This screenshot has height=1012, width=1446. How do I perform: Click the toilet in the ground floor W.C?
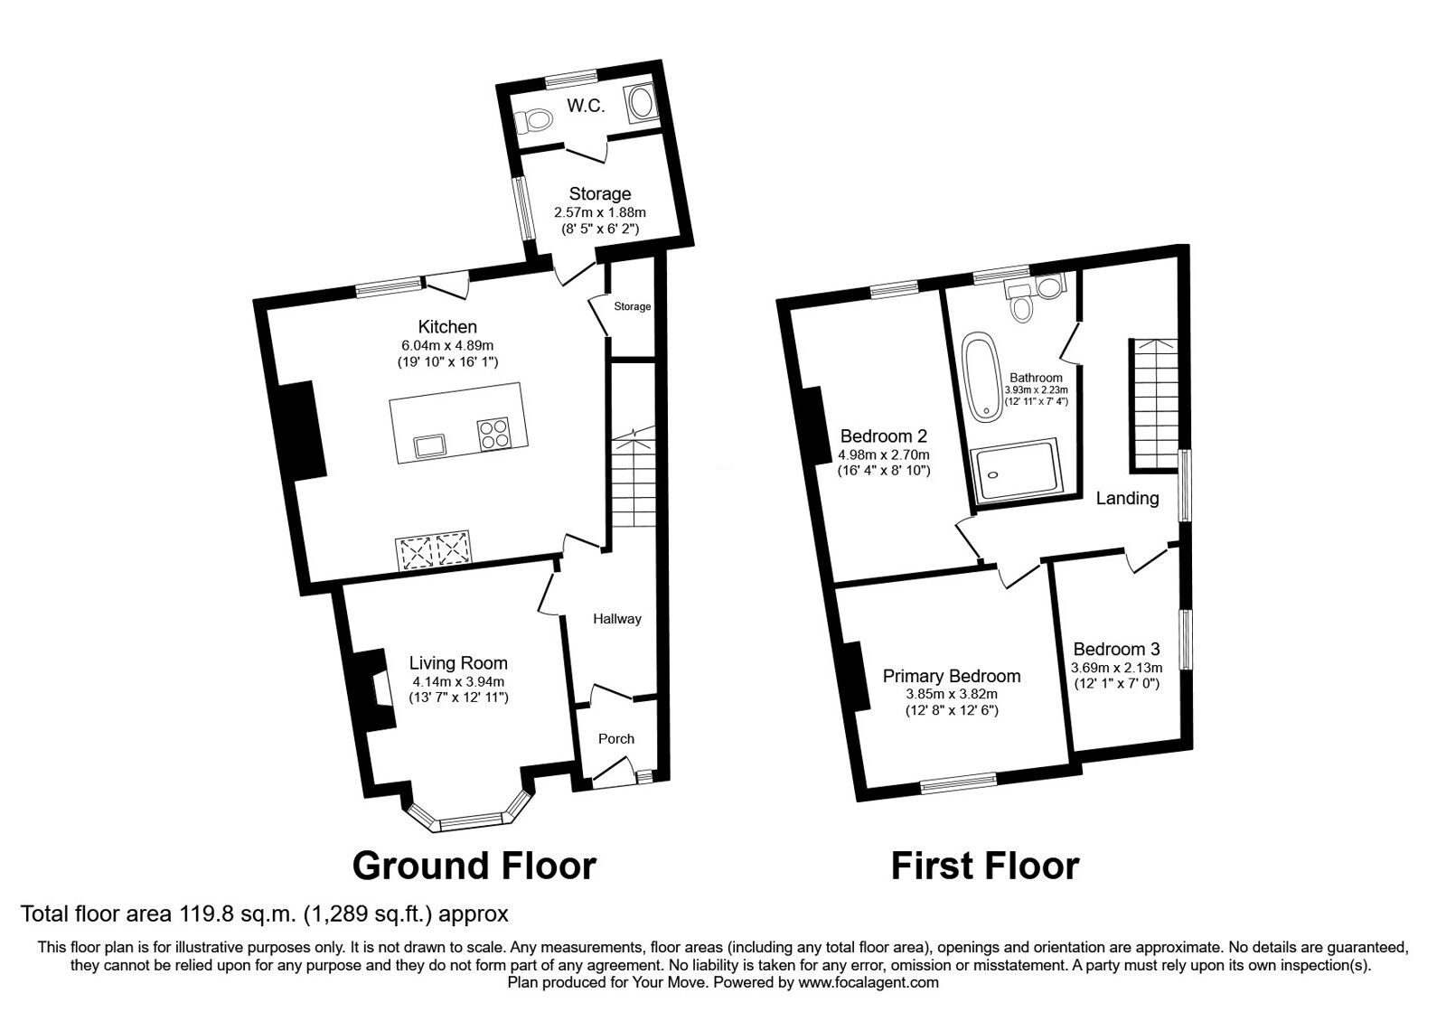(537, 120)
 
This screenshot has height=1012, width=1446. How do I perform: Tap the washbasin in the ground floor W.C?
(643, 101)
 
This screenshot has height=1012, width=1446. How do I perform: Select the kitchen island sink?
(429, 445)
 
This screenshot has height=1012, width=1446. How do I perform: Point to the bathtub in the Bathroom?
(980, 378)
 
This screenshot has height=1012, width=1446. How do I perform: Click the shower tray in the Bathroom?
(1015, 470)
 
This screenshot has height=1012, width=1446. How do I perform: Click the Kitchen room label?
(446, 327)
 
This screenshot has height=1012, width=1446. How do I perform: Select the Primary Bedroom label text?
(952, 676)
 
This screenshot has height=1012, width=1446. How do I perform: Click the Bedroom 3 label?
(1116, 649)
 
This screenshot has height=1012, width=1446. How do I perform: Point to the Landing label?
(1127, 498)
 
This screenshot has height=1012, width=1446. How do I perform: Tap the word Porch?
(616, 738)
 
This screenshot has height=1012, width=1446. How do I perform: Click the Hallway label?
(616, 619)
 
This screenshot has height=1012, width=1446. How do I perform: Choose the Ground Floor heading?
(474, 866)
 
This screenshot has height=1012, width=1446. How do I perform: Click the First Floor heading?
(984, 866)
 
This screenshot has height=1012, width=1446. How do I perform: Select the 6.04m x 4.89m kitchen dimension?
(446, 345)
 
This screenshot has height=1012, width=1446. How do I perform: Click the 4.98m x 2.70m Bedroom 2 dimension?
(884, 454)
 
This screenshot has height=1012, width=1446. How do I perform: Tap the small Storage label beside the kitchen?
(632, 306)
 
